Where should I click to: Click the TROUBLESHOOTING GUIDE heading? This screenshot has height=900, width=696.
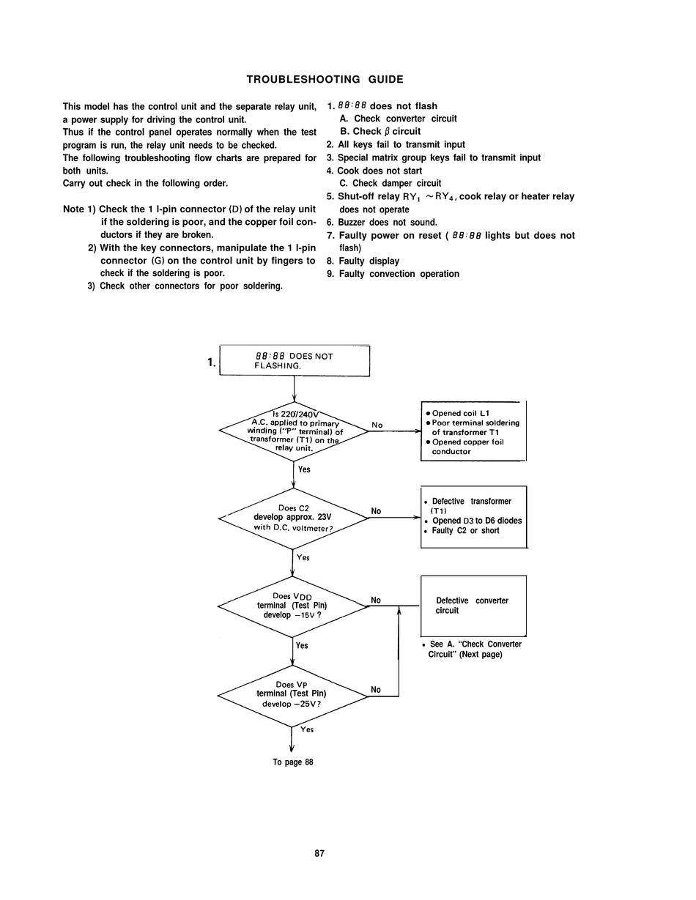pyautogui.click(x=325, y=79)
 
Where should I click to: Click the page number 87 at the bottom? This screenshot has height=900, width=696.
pyautogui.click(x=319, y=853)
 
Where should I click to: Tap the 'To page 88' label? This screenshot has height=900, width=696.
pyautogui.click(x=293, y=762)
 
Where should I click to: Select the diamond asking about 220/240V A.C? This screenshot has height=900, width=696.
pyautogui.click(x=294, y=431)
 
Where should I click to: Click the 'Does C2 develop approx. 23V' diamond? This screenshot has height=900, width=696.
pyautogui.click(x=293, y=518)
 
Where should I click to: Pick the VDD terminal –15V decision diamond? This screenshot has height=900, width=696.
pyautogui.click(x=292, y=607)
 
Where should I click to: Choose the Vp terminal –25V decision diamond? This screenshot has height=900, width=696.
pyautogui.click(x=292, y=696)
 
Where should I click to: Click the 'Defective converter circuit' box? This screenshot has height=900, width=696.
pyautogui.click(x=473, y=606)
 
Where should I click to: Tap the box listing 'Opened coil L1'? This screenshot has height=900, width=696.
pyautogui.click(x=473, y=431)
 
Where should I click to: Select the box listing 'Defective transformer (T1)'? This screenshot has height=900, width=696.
pyautogui.click(x=474, y=517)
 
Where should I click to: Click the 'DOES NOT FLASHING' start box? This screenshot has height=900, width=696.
pyautogui.click(x=295, y=360)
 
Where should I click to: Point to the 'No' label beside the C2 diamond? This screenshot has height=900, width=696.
pyautogui.click(x=376, y=511)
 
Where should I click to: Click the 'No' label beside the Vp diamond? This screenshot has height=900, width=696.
pyautogui.click(x=376, y=690)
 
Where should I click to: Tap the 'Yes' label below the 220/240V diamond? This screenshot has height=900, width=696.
pyautogui.click(x=304, y=469)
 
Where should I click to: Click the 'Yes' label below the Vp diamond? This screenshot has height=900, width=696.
pyautogui.click(x=307, y=729)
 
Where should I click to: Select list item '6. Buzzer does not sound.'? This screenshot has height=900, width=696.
pyautogui.click(x=382, y=223)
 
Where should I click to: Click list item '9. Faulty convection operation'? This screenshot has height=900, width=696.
pyautogui.click(x=393, y=274)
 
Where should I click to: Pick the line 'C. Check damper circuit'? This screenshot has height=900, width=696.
pyautogui.click(x=390, y=184)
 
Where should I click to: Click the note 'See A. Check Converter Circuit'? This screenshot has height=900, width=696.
pyautogui.click(x=472, y=649)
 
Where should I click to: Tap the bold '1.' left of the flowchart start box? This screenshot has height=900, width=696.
pyautogui.click(x=212, y=362)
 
